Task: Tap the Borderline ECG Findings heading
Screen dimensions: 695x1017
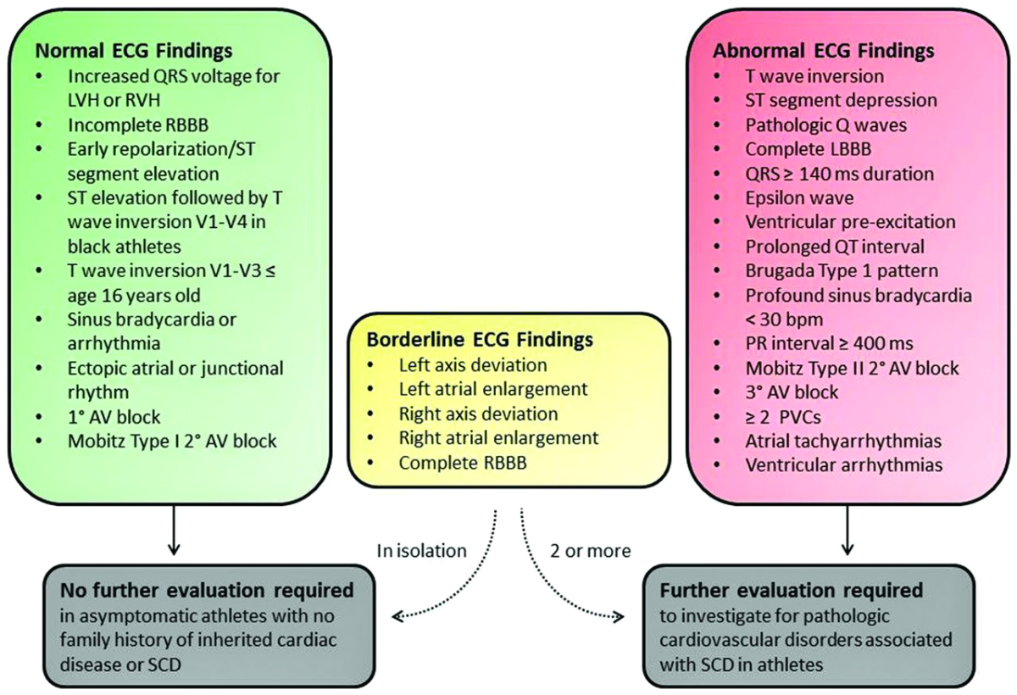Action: point(480,340)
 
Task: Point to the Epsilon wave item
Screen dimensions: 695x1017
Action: point(799,197)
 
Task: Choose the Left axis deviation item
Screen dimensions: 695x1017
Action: point(472,366)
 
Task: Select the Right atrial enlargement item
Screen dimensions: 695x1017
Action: point(498,438)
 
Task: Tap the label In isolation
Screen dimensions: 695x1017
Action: point(421,550)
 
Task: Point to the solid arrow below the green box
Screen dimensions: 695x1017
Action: point(173,530)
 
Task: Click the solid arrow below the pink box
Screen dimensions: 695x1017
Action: point(845,530)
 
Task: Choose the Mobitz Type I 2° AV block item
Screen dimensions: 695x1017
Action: point(173,441)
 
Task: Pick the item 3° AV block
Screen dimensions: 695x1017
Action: point(792,392)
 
